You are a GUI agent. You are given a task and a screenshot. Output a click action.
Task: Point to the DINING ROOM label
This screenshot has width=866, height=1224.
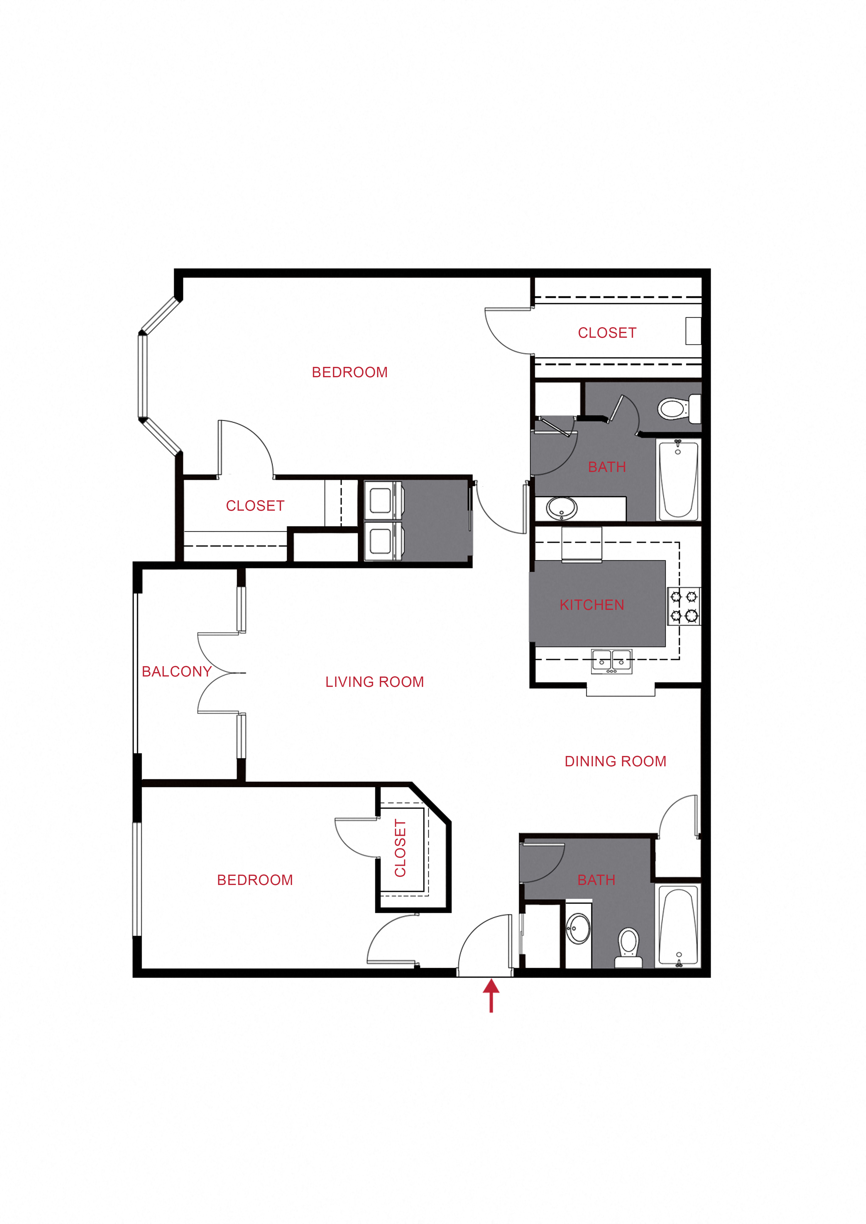pyautogui.click(x=615, y=761)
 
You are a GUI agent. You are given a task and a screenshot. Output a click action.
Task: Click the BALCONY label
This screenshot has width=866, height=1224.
pyautogui.click(x=177, y=672)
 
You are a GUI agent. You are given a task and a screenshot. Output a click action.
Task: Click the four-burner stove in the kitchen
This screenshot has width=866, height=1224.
pyautogui.click(x=684, y=606)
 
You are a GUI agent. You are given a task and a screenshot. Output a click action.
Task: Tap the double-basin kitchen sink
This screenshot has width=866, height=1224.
pyautogui.click(x=612, y=661)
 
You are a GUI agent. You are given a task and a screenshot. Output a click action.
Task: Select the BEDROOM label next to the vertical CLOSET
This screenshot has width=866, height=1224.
pyautogui.click(x=255, y=880)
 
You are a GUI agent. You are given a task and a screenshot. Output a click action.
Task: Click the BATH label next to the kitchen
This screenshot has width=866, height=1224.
pyautogui.click(x=607, y=467)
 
